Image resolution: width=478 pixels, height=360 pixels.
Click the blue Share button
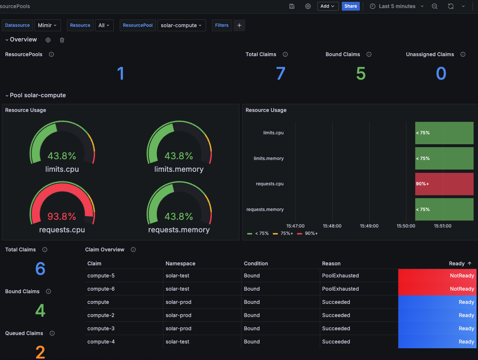coord(350,6)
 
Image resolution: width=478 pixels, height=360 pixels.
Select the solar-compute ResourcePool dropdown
coord(181,25)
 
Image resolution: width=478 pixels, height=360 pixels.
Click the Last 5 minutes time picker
coord(397,6)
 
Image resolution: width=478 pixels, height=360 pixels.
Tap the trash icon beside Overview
coord(62,40)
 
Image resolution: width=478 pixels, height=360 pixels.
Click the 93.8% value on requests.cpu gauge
coord(62,217)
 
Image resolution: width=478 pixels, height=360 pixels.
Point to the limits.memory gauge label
coord(179,169)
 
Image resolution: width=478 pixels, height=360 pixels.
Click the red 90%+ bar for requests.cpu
coord(444,184)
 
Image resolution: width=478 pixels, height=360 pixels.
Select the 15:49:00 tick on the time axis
coord(369,226)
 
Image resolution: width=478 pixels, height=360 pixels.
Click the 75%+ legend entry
coord(286,233)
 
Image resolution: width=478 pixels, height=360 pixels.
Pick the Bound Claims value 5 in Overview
coord(361,73)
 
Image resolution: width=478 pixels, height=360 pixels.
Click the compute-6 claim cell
coord(101,289)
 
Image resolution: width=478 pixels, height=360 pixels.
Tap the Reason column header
coord(331,263)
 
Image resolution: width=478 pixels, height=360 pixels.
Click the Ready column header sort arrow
coord(470,263)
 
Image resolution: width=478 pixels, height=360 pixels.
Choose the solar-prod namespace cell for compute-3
coord(178,328)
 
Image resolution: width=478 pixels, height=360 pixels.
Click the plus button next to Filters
coord(239,25)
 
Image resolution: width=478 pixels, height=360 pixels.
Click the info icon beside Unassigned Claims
coord(463,54)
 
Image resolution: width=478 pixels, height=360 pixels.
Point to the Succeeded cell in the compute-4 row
coord(336,342)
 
